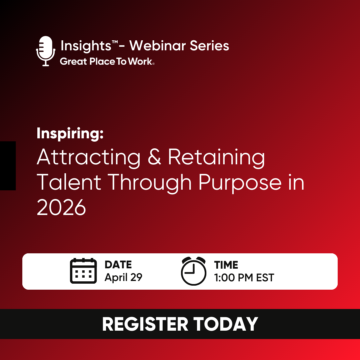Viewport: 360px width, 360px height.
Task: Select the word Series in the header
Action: click(x=210, y=46)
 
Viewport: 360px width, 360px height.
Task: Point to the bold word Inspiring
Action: click(x=70, y=134)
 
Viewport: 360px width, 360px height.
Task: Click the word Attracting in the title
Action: click(x=89, y=157)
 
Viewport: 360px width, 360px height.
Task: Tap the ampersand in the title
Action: click(x=154, y=157)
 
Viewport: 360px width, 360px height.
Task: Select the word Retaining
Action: click(x=216, y=157)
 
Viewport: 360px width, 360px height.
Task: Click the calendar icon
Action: click(x=83, y=271)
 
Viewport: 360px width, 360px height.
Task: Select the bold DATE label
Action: click(x=118, y=265)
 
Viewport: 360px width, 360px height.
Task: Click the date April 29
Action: click(x=123, y=277)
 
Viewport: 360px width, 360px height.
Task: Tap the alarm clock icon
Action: click(x=193, y=271)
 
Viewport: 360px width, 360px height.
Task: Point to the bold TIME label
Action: click(x=226, y=265)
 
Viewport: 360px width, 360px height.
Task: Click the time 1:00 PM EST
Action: click(x=244, y=277)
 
